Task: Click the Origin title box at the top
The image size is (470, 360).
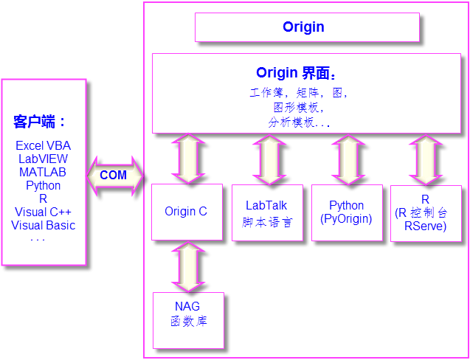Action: point(306,27)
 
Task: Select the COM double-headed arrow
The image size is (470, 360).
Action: point(114,176)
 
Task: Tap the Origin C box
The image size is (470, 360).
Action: point(186,212)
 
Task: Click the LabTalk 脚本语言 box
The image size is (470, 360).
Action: point(266,213)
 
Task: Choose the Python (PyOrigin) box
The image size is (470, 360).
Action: point(346,212)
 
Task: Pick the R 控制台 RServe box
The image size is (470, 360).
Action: point(425,213)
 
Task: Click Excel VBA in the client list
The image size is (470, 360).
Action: point(44,146)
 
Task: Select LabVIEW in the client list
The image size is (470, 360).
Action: point(44,159)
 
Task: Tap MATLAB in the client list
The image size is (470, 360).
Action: point(44,173)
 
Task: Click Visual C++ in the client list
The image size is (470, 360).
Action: point(44,212)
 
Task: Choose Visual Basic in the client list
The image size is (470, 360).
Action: point(44,226)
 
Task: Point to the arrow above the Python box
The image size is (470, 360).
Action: point(347,159)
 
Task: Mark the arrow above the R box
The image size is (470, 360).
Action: point(426,159)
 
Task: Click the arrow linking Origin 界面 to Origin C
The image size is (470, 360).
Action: point(187,159)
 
